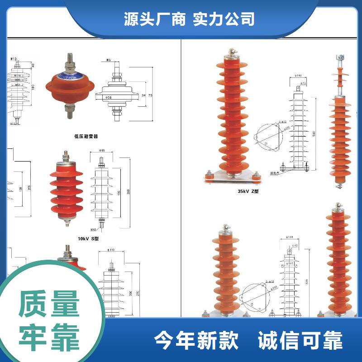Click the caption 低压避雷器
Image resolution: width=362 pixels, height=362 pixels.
[x=86, y=136]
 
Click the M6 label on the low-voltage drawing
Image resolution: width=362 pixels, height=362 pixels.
[x=109, y=60]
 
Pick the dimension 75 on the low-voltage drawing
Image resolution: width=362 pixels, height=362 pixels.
[x=151, y=95]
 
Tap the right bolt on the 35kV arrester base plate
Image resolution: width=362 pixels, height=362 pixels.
[x=256, y=175]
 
